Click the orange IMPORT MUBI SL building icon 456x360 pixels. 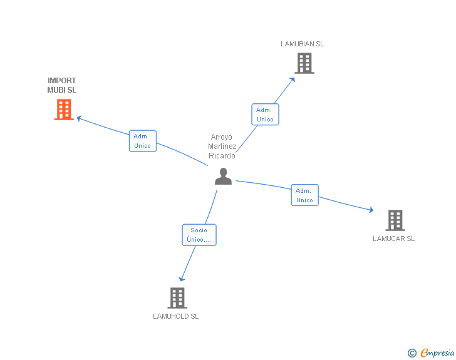point(64,110)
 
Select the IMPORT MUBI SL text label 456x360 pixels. point(61,85)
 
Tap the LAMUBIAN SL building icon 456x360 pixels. point(304,63)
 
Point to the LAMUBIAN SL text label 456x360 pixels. point(303,44)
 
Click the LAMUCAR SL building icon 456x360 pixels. point(395,220)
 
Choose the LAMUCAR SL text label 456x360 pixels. point(393,239)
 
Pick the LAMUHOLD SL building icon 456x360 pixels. point(177,298)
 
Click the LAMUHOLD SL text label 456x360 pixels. point(175,316)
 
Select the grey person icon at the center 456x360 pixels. point(223,177)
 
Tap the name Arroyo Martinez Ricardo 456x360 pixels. point(222,147)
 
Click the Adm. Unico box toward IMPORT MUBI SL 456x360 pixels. point(142,141)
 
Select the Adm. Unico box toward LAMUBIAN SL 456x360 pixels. point(265,115)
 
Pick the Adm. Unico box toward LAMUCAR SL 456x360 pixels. point(304,195)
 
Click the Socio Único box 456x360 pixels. point(199,235)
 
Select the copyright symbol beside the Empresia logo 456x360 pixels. point(412,353)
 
